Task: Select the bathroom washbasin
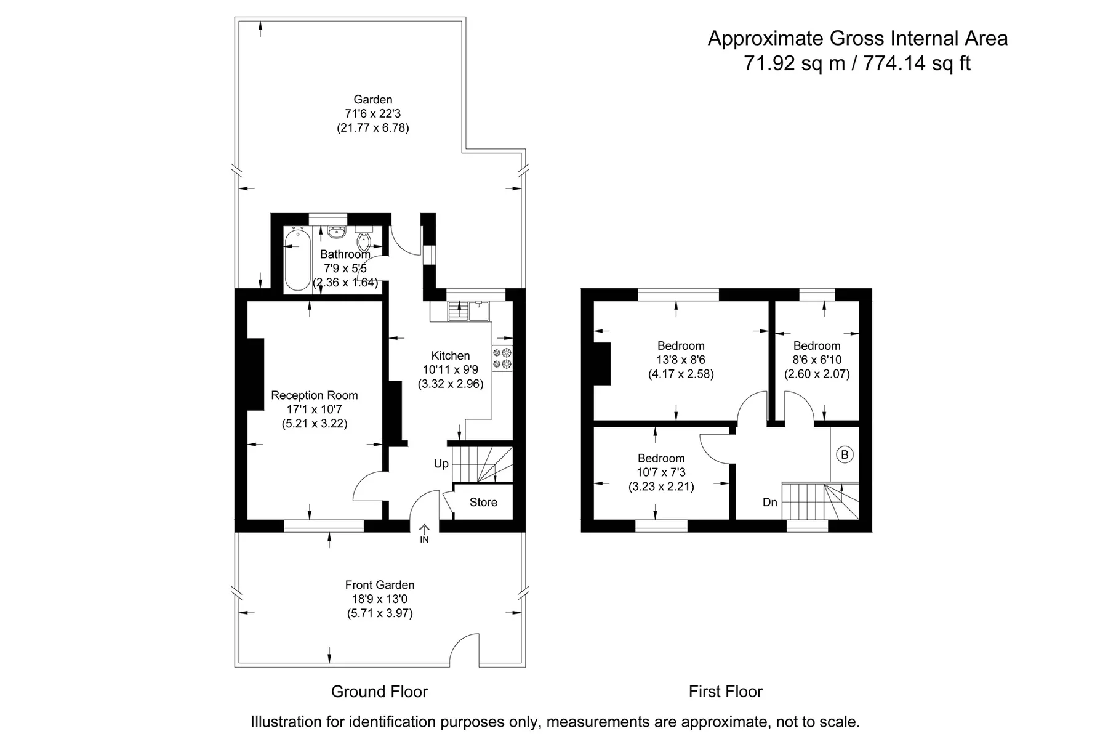(336, 232)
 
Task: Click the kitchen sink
(468, 311)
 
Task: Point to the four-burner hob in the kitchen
(502, 359)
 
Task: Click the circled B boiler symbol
(845, 454)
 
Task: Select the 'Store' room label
(483, 503)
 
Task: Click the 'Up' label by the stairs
(441, 464)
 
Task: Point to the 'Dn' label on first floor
(769, 503)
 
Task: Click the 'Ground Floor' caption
(379, 692)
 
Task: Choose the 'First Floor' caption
(726, 692)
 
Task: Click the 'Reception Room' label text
(315, 395)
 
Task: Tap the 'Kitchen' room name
(451, 355)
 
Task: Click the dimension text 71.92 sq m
(795, 63)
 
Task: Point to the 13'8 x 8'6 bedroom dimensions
(681, 360)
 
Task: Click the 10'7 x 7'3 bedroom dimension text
(661, 472)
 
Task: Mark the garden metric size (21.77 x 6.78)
(373, 128)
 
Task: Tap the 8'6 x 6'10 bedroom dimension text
(817, 360)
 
